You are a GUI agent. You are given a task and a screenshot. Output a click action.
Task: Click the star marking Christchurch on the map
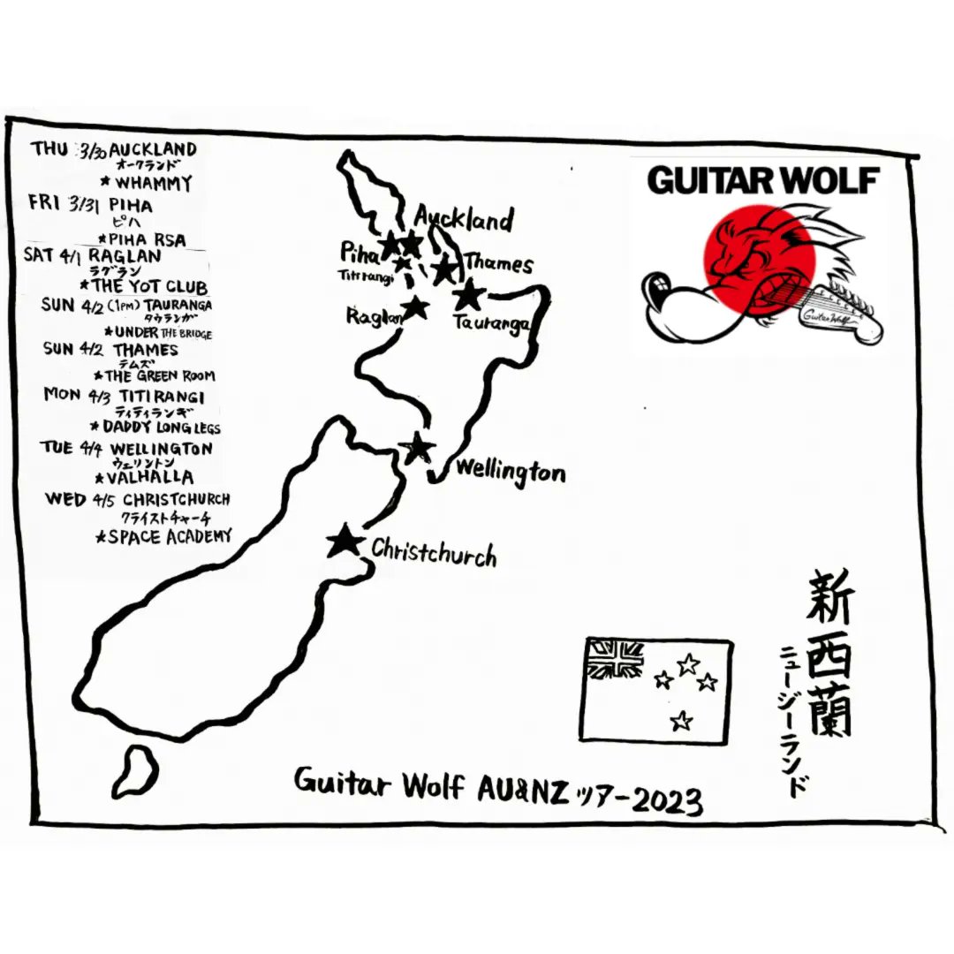point(344,541)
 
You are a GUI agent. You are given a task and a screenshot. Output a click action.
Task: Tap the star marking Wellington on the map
point(418,449)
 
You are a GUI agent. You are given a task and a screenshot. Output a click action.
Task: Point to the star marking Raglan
point(415,307)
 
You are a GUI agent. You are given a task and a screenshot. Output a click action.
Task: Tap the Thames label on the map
point(498,263)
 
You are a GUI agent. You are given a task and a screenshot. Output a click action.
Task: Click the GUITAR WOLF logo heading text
point(763,180)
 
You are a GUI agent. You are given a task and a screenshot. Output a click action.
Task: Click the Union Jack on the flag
point(616,660)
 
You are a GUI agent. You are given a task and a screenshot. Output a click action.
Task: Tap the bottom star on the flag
point(680,721)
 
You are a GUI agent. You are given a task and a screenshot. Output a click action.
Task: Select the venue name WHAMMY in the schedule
point(152,184)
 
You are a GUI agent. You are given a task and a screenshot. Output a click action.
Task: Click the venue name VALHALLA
point(151,477)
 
